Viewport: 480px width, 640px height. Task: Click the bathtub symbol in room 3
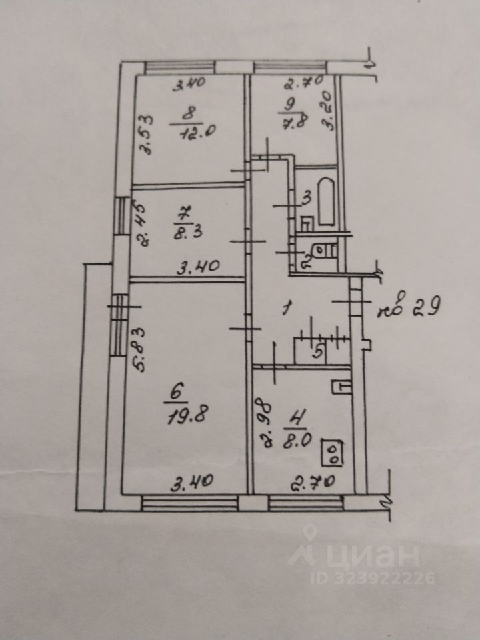326,199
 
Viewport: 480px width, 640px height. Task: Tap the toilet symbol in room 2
326,249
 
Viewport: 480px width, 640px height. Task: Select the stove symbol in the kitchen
331,454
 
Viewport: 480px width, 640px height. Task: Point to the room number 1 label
287,308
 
